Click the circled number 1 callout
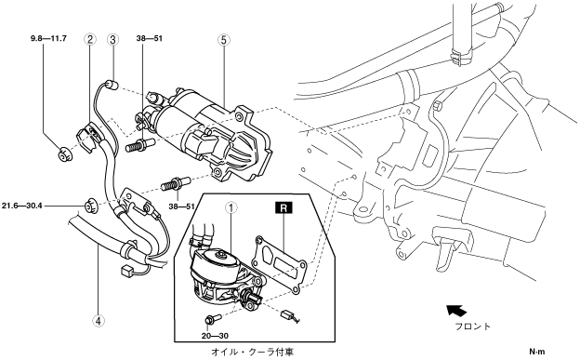[231, 208]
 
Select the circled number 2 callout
[90, 39]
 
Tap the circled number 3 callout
[112, 39]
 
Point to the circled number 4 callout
[98, 321]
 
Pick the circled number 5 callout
[223, 40]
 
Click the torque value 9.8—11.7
[48, 38]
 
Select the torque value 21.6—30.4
[21, 206]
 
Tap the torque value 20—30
[215, 336]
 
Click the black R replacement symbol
[283, 207]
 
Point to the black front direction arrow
[455, 311]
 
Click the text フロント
[472, 327]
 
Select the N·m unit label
[536, 352]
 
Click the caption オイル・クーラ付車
[254, 351]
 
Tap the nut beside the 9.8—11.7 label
[65, 153]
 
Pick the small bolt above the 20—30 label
[212, 318]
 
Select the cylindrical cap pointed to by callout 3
[112, 85]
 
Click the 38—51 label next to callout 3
[150, 38]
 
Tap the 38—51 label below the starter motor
[181, 207]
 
